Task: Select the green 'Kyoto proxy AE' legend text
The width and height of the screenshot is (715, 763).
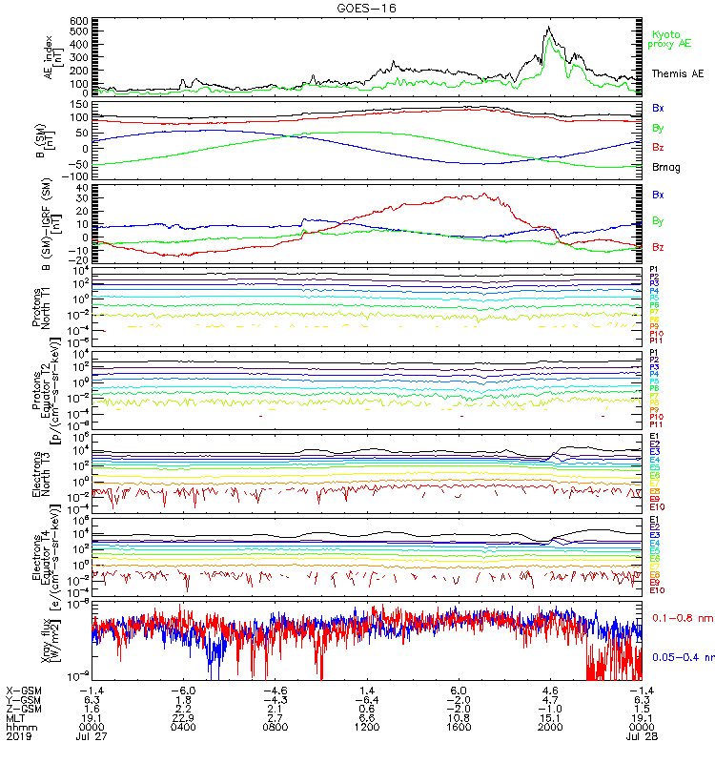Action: pos(669,39)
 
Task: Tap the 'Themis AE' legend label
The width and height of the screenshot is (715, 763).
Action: pos(674,73)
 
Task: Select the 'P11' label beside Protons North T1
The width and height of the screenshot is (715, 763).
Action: pos(656,340)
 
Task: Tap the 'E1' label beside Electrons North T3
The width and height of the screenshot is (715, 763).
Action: pos(656,436)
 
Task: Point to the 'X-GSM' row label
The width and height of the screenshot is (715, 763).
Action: pos(24,690)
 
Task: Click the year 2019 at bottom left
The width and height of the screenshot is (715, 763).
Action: pos(18,737)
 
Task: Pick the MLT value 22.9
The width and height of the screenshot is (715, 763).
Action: pos(183,718)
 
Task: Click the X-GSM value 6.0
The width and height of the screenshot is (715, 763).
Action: pos(458,690)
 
